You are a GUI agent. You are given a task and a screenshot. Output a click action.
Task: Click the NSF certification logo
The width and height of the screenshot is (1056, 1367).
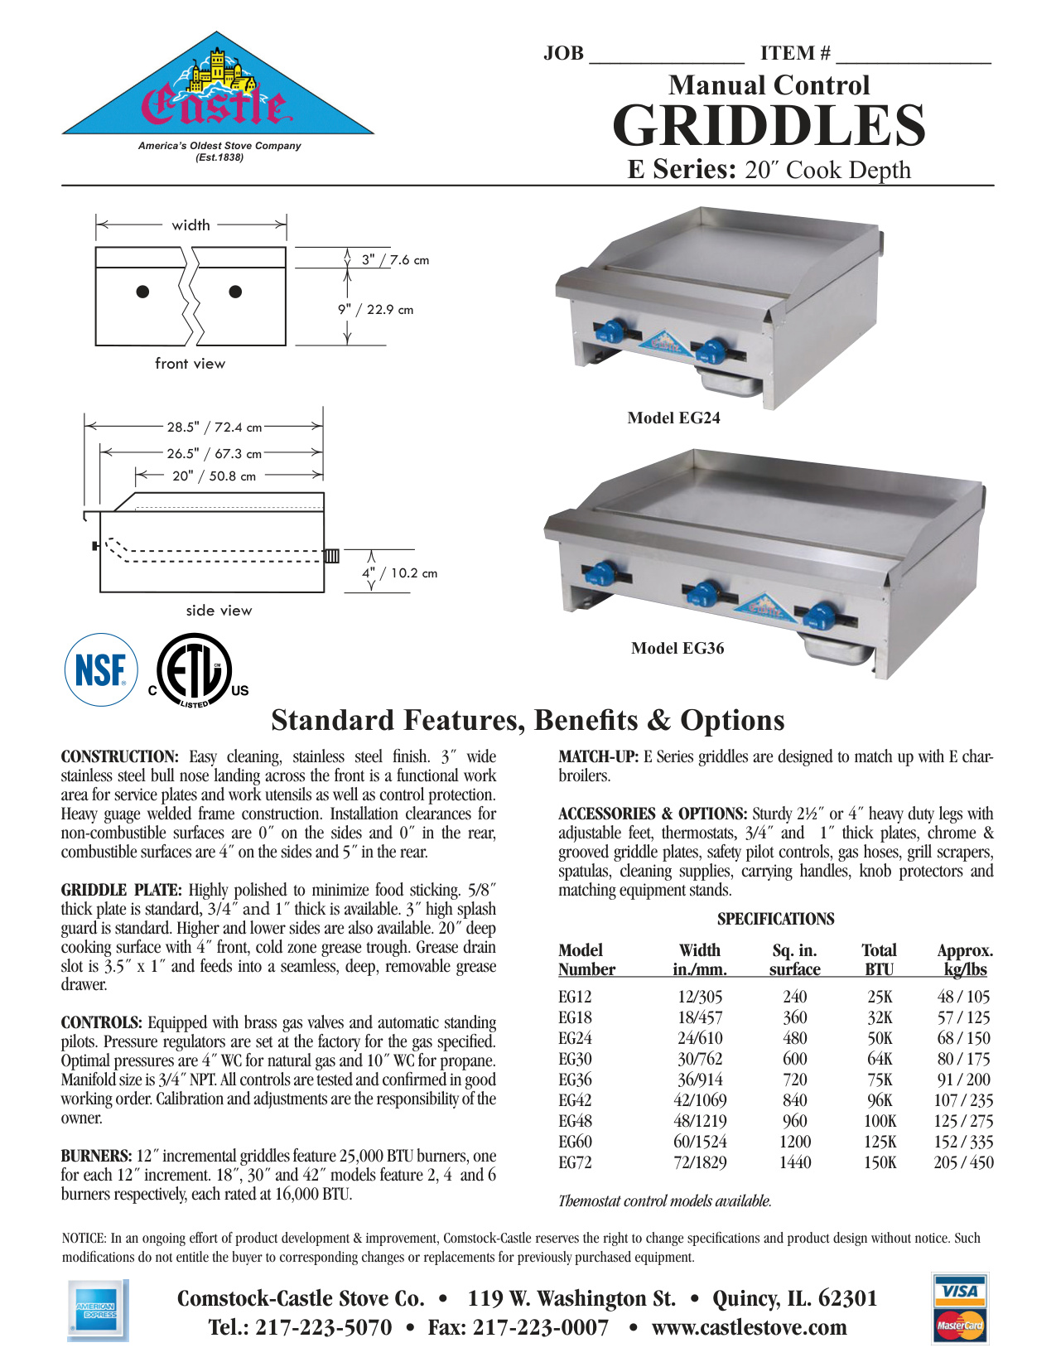click(101, 670)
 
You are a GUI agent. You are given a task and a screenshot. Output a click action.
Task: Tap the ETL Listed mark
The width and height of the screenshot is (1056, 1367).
click(196, 671)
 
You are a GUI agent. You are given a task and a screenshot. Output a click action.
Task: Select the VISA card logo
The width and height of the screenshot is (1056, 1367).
click(960, 1291)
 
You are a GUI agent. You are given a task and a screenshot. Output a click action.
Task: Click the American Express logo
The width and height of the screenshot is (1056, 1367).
click(97, 1311)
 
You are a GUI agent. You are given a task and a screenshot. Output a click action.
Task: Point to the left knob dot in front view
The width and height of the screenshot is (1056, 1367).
click(142, 292)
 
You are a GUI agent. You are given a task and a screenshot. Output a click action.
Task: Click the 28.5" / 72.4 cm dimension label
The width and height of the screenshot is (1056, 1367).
click(214, 427)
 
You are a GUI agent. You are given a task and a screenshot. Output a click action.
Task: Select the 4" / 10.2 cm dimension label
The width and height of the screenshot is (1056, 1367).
click(399, 573)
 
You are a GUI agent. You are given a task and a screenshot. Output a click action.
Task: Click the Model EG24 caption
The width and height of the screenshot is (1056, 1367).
click(673, 418)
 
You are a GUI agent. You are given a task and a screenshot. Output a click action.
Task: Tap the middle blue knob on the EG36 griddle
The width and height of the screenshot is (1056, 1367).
click(704, 593)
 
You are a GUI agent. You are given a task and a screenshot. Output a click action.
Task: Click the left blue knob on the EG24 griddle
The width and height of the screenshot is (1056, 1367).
click(610, 332)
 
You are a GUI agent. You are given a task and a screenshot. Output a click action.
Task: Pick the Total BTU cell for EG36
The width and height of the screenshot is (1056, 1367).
click(880, 1080)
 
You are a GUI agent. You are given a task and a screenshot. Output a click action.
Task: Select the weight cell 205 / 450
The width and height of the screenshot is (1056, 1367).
click(963, 1162)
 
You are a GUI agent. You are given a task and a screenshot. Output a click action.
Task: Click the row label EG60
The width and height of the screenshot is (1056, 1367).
click(575, 1142)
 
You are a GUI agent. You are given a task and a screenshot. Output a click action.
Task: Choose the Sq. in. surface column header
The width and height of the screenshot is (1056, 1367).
click(794, 960)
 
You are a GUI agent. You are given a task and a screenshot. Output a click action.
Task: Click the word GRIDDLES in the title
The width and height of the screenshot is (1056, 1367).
click(769, 126)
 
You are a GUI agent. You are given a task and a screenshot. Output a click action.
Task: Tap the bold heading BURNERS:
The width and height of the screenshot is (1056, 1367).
click(96, 1156)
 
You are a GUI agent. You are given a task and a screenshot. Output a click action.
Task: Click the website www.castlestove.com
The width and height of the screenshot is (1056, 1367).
click(749, 1327)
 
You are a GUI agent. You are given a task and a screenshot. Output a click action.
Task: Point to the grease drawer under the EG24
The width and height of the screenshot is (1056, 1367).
click(729, 384)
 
